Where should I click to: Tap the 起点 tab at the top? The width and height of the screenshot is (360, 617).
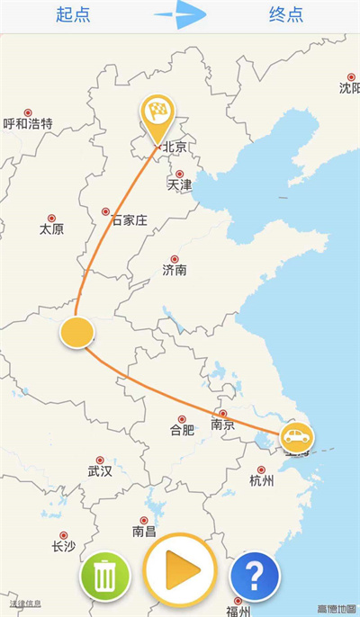[x=75, y=15]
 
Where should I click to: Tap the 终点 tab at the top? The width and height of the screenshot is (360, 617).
[x=285, y=15]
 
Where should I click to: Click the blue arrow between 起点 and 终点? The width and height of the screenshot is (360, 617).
[x=181, y=14]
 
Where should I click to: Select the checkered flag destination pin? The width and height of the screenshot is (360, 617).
[x=157, y=114]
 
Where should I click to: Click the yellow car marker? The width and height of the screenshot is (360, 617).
[x=296, y=437]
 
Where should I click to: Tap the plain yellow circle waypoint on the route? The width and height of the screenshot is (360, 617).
[x=77, y=332]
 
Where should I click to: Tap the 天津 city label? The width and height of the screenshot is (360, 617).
[x=180, y=184]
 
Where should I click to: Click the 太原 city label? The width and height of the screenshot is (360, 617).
[x=51, y=228]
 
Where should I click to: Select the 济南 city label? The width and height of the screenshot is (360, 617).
[x=175, y=269]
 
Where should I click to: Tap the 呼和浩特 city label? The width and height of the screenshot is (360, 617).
[x=28, y=123]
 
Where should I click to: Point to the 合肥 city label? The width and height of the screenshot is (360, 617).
[x=182, y=429]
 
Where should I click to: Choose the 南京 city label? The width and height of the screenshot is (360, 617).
[x=222, y=425]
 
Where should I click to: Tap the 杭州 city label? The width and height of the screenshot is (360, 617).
[x=261, y=480]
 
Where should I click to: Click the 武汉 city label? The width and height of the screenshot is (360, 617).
[x=100, y=470]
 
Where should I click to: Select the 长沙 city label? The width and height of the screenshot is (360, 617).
[x=63, y=546]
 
